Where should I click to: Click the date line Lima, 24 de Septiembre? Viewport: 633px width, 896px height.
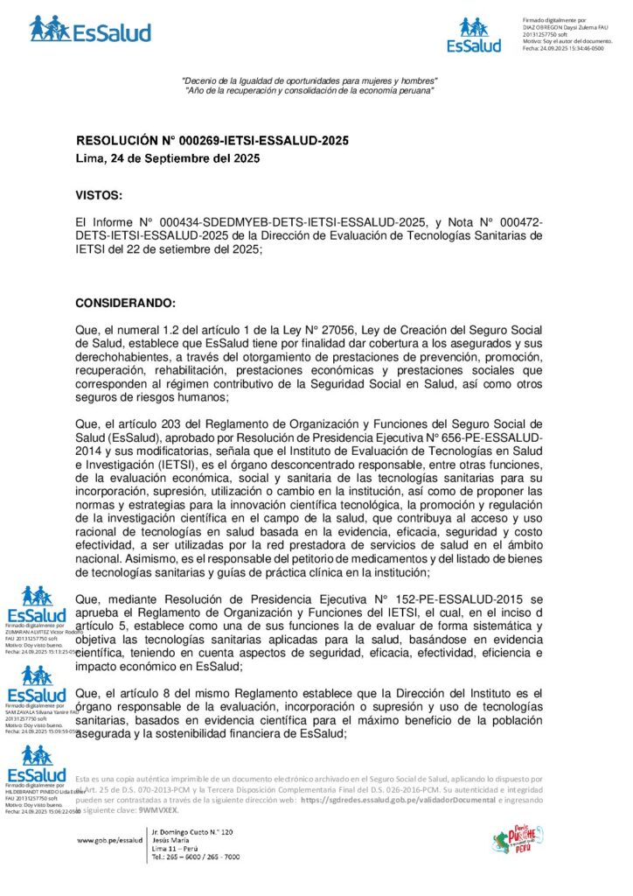(167, 158)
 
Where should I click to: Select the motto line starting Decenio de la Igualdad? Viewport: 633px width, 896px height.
(310, 81)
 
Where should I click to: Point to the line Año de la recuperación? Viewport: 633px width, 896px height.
(310, 92)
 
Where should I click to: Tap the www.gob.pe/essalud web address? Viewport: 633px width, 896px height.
(109, 839)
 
